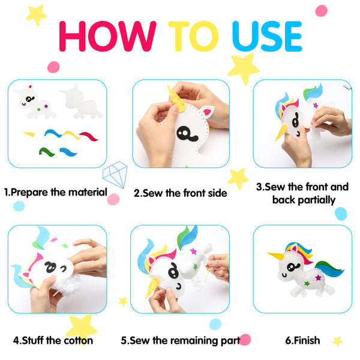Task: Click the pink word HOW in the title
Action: pyautogui.click(x=107, y=36)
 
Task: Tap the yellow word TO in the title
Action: pyautogui.click(x=193, y=36)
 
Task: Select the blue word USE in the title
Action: pyautogui.click(x=267, y=36)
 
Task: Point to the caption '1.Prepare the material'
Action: pyautogui.click(x=56, y=193)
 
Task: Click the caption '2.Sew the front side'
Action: pyautogui.click(x=181, y=193)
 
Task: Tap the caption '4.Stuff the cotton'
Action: pyautogui.click(x=53, y=340)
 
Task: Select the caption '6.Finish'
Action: pyautogui.click(x=302, y=340)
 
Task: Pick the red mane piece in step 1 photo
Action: pyautogui.click(x=89, y=136)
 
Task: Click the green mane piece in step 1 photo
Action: pyautogui.click(x=47, y=152)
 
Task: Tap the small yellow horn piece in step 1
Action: pyautogui.click(x=29, y=134)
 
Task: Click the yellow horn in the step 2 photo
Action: pyautogui.click(x=176, y=99)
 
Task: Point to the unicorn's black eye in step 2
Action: pyautogui.click(x=187, y=134)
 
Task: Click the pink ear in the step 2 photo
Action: pyautogui.click(x=207, y=112)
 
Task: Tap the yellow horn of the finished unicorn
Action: pyautogui.click(x=277, y=256)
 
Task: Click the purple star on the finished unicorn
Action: pyautogui.click(x=318, y=278)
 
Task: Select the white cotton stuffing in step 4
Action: pyautogui.click(x=67, y=284)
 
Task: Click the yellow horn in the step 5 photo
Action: pyautogui.click(x=152, y=287)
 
